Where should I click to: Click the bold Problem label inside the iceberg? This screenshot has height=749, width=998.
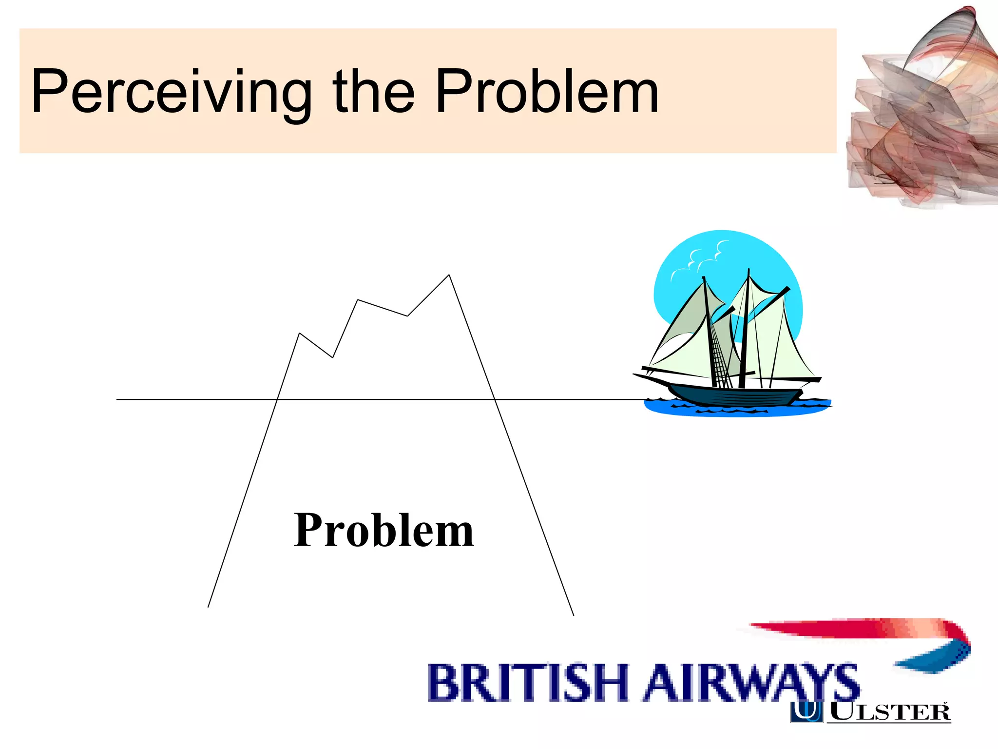point(384,531)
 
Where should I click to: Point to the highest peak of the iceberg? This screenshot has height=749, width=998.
point(449,276)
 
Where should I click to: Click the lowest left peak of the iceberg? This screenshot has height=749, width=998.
point(299,334)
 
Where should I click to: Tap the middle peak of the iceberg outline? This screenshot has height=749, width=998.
point(358,300)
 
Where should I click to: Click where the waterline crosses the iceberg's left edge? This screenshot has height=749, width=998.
point(277,399)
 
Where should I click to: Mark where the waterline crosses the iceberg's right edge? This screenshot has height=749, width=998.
point(495,399)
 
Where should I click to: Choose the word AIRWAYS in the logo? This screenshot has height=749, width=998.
point(750,683)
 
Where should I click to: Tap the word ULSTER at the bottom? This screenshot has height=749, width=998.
point(889,712)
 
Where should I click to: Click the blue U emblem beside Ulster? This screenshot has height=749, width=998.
point(807,711)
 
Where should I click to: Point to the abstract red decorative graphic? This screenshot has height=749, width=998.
point(921,112)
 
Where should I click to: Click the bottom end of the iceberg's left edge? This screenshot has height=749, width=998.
point(209,607)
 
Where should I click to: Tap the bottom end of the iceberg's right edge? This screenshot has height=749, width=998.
point(573,615)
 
